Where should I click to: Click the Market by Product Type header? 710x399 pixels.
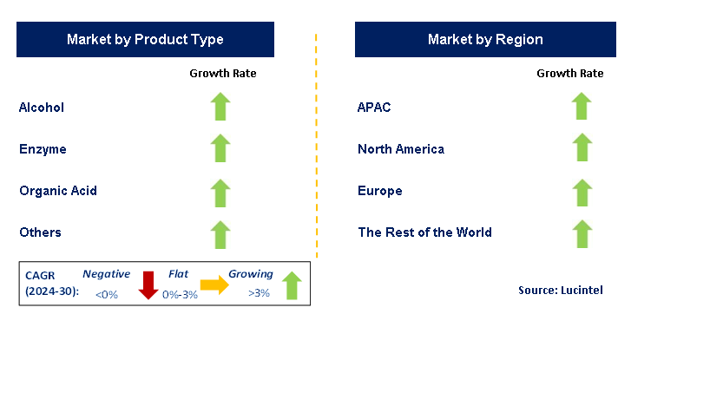point(145,39)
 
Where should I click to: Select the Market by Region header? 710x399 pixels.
point(485,39)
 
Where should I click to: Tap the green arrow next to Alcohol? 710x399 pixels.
point(220,107)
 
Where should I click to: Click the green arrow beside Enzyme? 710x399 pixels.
point(220,148)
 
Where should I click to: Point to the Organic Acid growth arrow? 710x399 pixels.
point(220,193)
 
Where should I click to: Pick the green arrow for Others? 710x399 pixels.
point(220,235)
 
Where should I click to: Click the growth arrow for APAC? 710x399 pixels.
point(582,106)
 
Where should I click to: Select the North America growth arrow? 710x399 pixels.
point(582,147)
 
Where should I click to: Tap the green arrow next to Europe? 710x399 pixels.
point(582,193)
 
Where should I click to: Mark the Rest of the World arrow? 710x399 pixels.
point(582,234)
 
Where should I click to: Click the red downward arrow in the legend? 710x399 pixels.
point(148,285)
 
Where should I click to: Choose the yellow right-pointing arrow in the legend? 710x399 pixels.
point(214,285)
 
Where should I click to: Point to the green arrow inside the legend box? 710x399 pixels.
point(292,285)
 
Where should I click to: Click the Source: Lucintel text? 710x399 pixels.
point(561,290)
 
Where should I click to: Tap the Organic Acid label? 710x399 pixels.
point(58,191)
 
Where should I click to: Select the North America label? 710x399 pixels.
point(401,149)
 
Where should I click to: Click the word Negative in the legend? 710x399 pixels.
point(107,274)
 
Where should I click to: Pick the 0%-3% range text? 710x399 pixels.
point(180,295)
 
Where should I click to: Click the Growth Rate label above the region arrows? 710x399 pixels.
point(570,73)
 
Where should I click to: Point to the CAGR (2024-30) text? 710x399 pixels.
point(52,283)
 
